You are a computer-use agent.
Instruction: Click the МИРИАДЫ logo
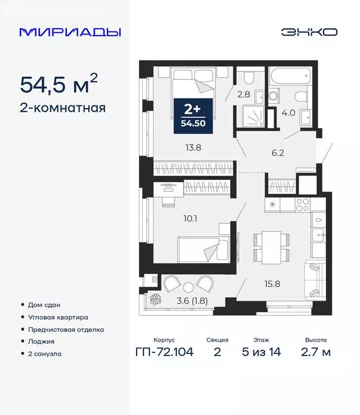pos(70,32)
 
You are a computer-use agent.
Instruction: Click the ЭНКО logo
pos(309,32)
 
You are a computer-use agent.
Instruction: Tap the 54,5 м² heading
pos(59,84)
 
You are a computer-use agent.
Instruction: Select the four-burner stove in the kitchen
pos(303,204)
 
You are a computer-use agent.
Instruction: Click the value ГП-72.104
pos(164,353)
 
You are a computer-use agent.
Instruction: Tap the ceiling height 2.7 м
pos(316,353)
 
